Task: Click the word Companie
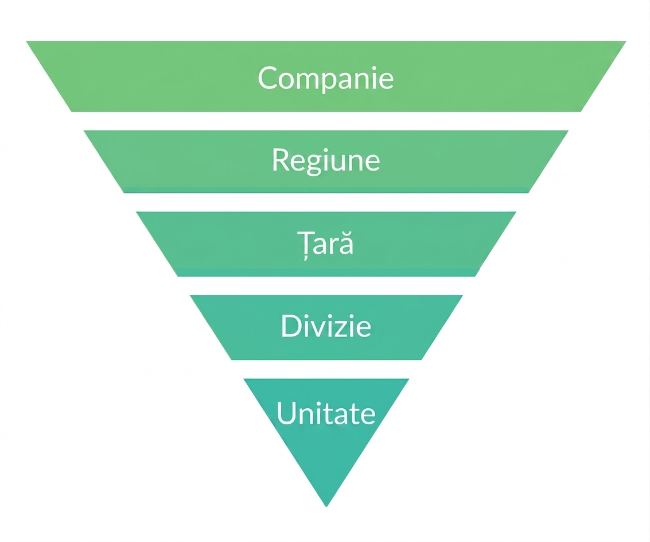325,79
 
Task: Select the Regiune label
326,161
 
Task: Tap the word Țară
325,244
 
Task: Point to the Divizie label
326,326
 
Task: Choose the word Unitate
326,413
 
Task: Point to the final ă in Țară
346,243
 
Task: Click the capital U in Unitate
286,412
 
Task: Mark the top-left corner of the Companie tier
26,41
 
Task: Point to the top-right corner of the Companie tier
626,41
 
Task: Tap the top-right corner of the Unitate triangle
409,378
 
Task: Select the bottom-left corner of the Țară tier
178,276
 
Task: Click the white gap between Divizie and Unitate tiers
326,369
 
